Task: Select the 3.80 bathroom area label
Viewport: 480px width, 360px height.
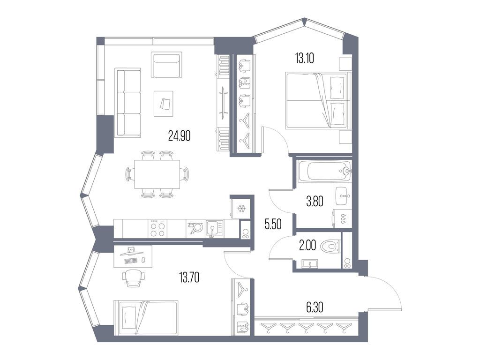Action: (x=315, y=202)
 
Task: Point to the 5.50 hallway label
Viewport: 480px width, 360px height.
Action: (x=273, y=225)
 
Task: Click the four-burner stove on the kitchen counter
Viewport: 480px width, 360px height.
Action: (x=157, y=229)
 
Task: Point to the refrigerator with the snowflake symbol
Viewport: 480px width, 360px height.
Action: (x=242, y=208)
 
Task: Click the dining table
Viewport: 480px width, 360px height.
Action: (x=157, y=174)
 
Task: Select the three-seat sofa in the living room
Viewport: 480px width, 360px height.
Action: (x=128, y=102)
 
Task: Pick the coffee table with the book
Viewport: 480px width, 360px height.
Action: (x=163, y=104)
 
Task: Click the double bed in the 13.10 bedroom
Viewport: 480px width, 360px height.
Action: (x=317, y=100)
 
